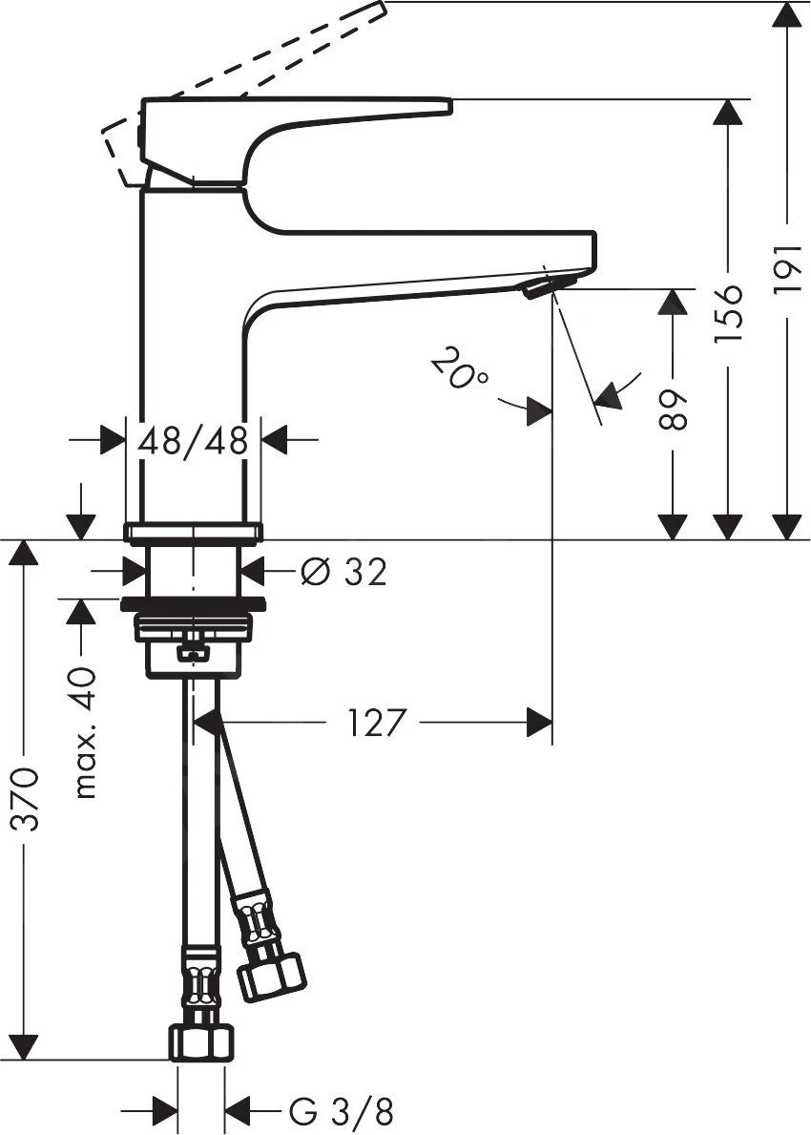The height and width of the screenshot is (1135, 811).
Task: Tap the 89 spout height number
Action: (x=674, y=409)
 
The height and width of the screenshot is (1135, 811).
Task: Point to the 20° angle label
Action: (x=459, y=369)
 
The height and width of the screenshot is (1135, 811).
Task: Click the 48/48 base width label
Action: (x=193, y=440)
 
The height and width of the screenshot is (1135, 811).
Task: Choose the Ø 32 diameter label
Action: (x=343, y=572)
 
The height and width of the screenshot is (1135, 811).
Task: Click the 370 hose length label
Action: (x=26, y=798)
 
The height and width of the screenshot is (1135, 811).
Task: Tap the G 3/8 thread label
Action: (x=341, y=1111)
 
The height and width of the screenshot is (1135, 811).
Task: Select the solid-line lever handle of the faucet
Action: (x=296, y=108)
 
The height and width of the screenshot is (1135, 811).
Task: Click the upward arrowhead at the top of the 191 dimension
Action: (x=787, y=14)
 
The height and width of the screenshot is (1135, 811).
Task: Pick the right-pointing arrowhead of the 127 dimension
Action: (x=540, y=723)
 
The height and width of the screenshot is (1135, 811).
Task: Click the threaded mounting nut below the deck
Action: (x=193, y=629)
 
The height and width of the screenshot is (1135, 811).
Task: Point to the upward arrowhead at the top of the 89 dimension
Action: (x=674, y=302)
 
